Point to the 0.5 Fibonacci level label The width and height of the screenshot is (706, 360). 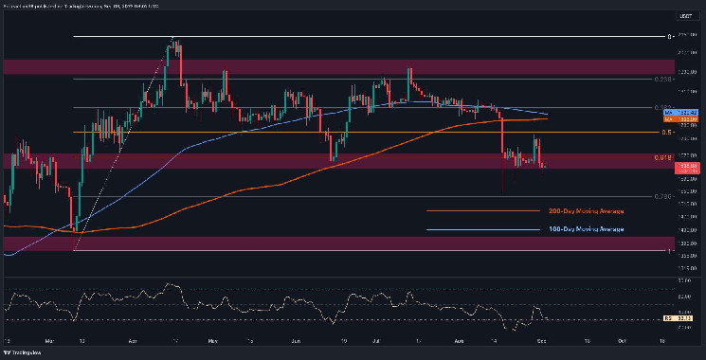click(667, 133)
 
